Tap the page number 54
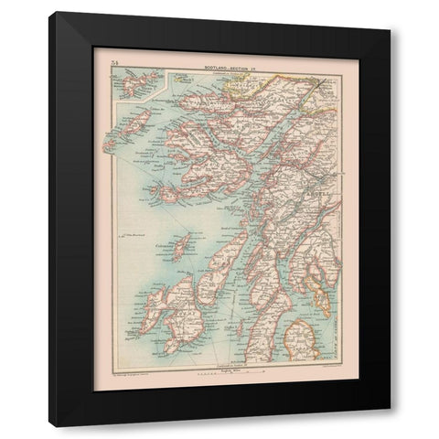coord(113,62)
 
